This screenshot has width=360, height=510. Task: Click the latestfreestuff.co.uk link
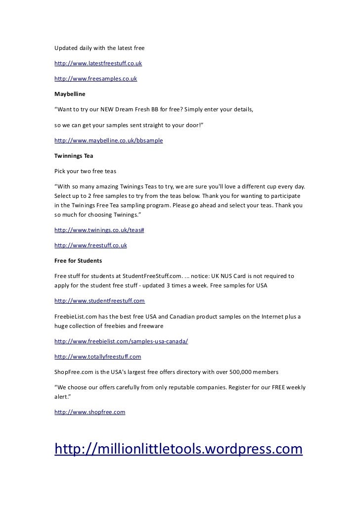pyautogui.click(x=98, y=63)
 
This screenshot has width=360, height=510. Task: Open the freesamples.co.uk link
pyautogui.click(x=95, y=79)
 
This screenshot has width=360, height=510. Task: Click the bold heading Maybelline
pyautogui.click(x=70, y=93)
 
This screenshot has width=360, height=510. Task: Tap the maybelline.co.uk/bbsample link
pyautogui.click(x=108, y=140)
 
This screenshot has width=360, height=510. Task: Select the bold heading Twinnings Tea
pyautogui.click(x=74, y=156)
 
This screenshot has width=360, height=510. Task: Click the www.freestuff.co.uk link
pyautogui.click(x=90, y=245)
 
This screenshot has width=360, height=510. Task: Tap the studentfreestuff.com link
pyautogui.click(x=99, y=300)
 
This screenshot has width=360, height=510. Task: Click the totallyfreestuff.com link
pyautogui.click(x=98, y=356)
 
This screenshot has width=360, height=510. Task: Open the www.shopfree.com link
pyautogui.click(x=90, y=412)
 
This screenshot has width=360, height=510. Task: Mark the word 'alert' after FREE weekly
pyautogui.click(x=61, y=396)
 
